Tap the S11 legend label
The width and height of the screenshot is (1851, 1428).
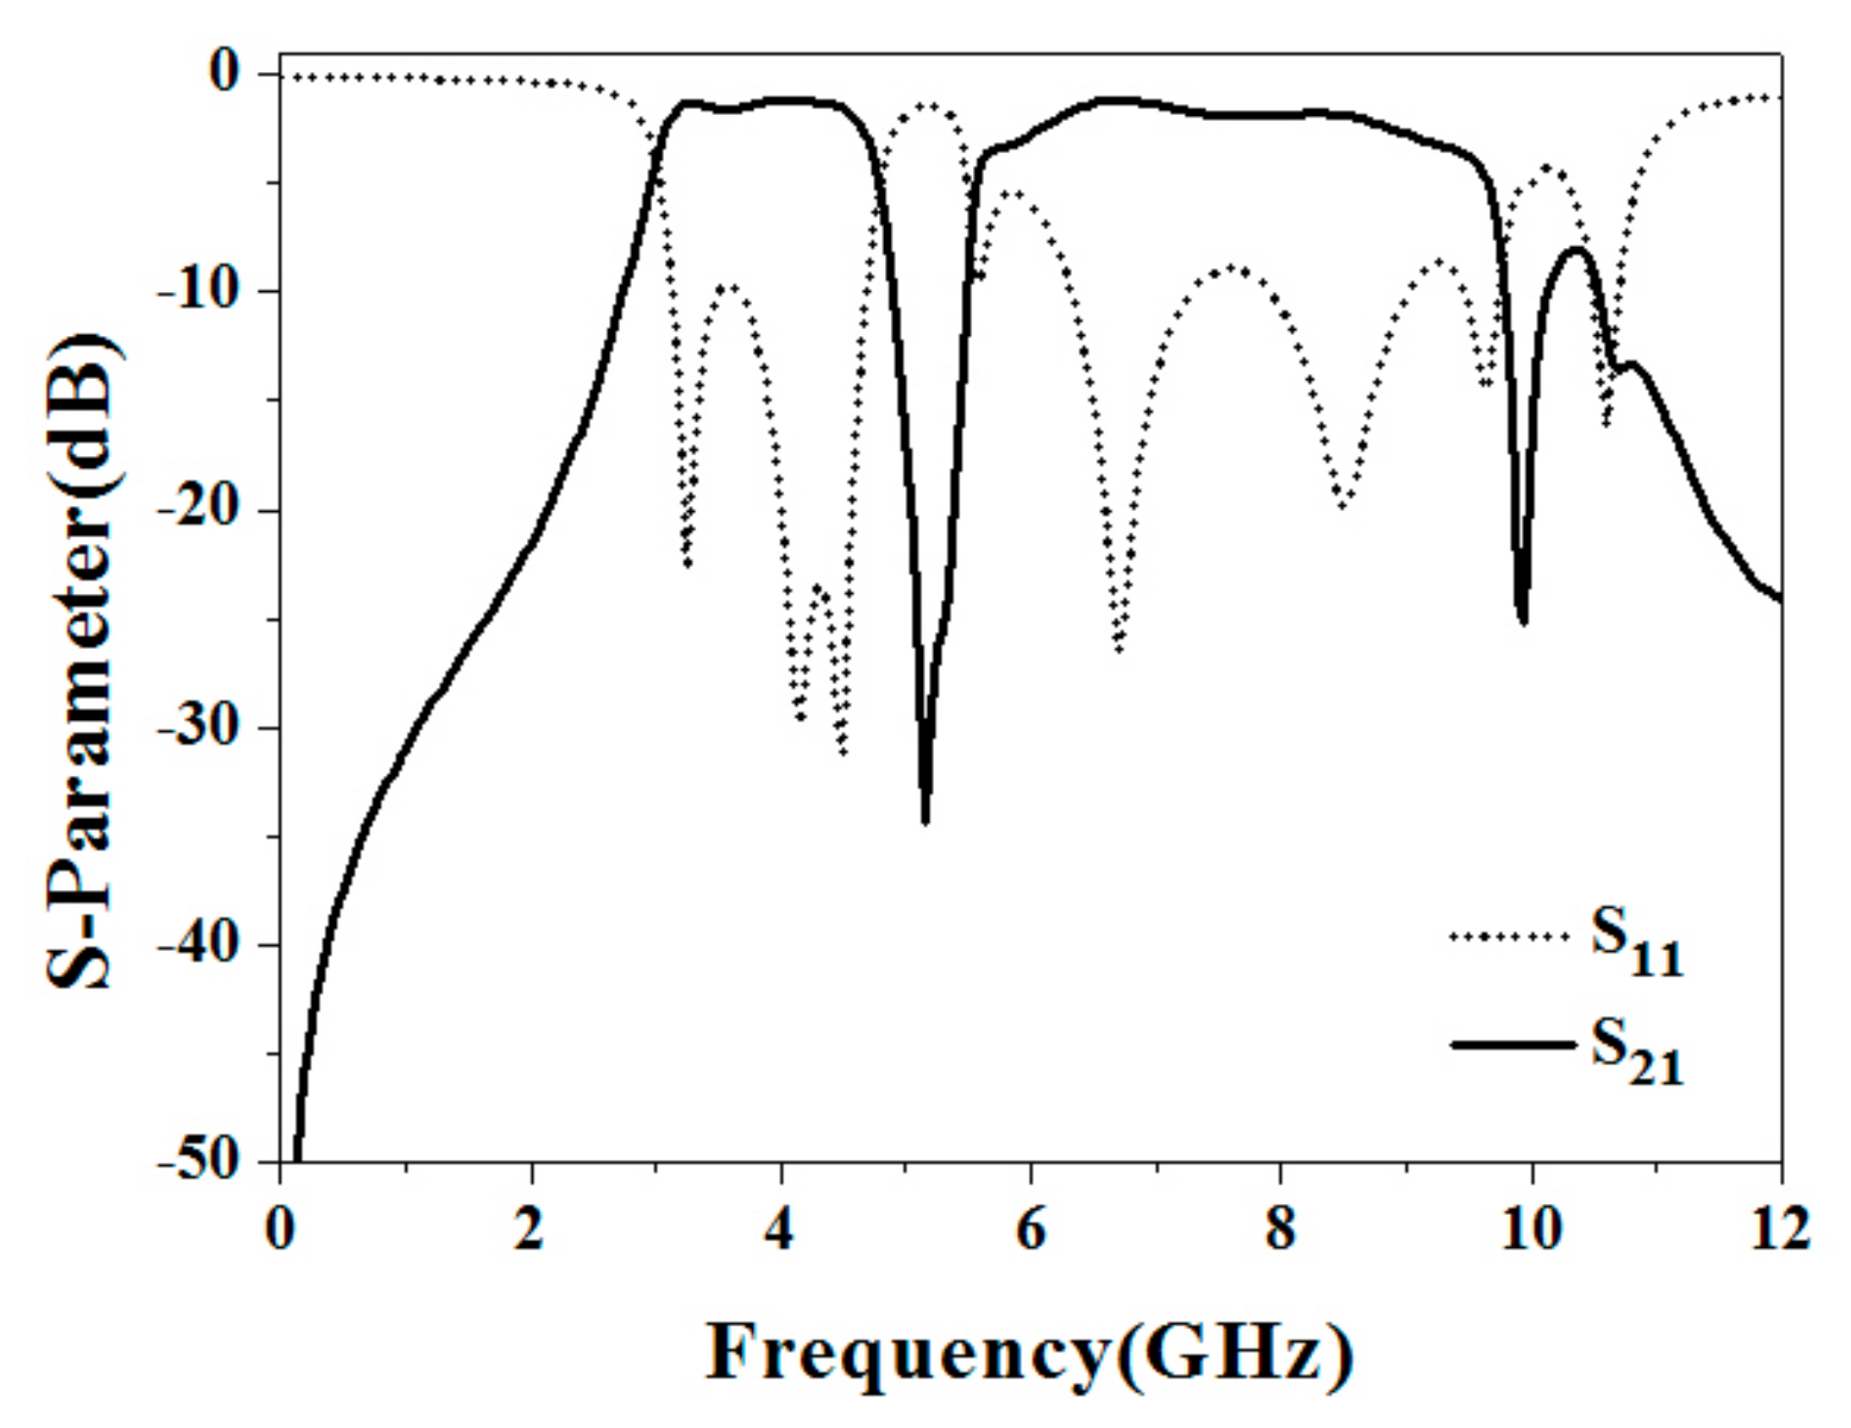point(1636,947)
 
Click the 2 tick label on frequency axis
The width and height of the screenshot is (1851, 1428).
point(530,1232)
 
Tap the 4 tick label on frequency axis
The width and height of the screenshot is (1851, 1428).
point(780,1232)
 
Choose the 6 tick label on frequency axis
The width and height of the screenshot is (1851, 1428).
point(1030,1232)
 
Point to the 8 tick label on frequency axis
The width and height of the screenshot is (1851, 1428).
point(1281,1232)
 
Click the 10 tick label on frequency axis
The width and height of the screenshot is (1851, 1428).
point(1530,1232)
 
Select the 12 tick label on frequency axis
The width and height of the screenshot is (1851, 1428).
point(1780,1232)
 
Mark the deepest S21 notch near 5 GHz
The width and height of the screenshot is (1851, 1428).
point(925,821)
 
